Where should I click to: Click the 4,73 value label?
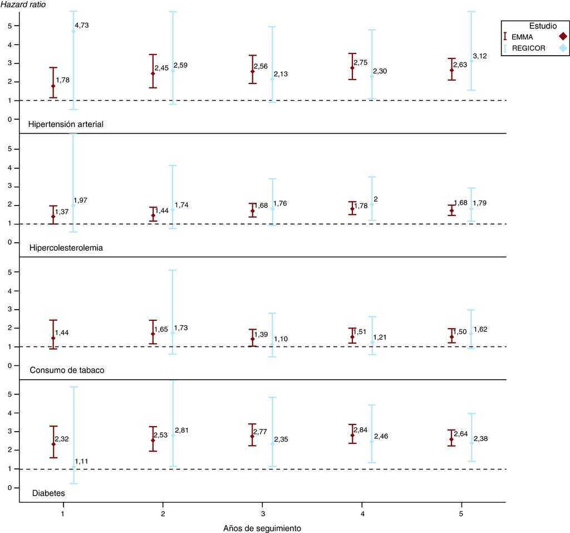point(81,25)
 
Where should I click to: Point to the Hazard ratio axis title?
point(23,5)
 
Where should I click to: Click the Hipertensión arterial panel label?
point(66,124)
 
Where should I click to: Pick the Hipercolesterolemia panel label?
point(66,248)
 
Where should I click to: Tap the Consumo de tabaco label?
point(66,370)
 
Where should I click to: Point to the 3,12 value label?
point(480,56)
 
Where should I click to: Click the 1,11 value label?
point(82,462)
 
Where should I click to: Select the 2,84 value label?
point(360,429)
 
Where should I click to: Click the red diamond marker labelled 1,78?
point(53,86)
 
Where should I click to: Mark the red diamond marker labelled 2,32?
point(53,444)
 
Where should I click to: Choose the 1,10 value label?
point(281,339)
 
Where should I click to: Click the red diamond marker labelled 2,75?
point(352,68)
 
